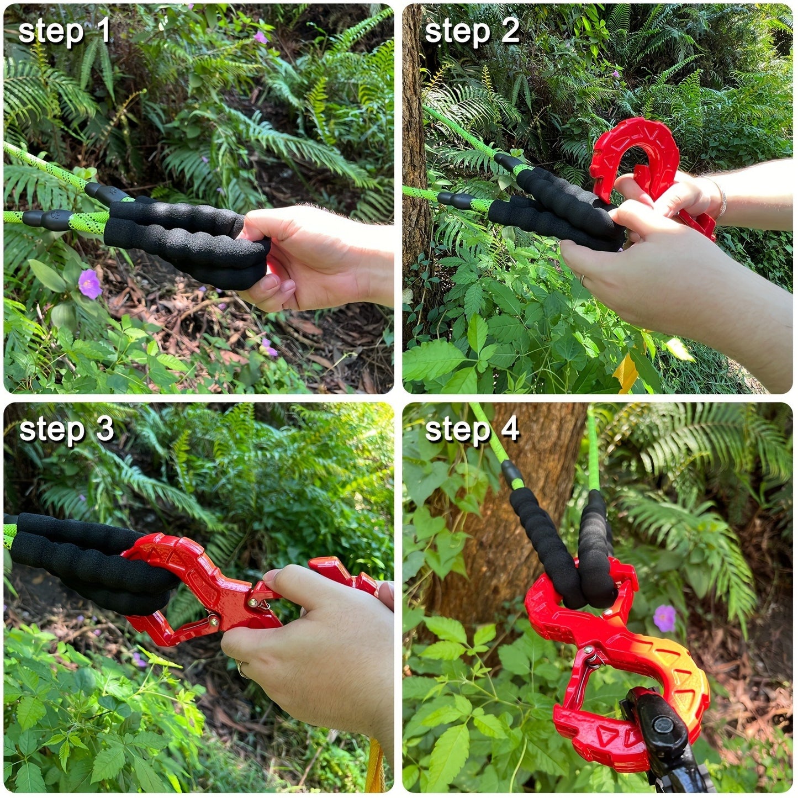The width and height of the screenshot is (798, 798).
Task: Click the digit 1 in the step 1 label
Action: (x=103, y=31)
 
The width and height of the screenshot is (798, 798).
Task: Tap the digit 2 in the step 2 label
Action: (x=510, y=31)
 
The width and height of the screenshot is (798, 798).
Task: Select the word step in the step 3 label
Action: (x=50, y=430)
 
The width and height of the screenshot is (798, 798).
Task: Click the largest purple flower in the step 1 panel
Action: (x=89, y=284)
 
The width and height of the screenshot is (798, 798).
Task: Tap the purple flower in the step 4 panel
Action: (x=664, y=617)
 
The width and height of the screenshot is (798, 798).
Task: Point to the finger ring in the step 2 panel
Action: (x=583, y=281)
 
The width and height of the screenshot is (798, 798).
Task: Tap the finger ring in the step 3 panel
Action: (x=242, y=669)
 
